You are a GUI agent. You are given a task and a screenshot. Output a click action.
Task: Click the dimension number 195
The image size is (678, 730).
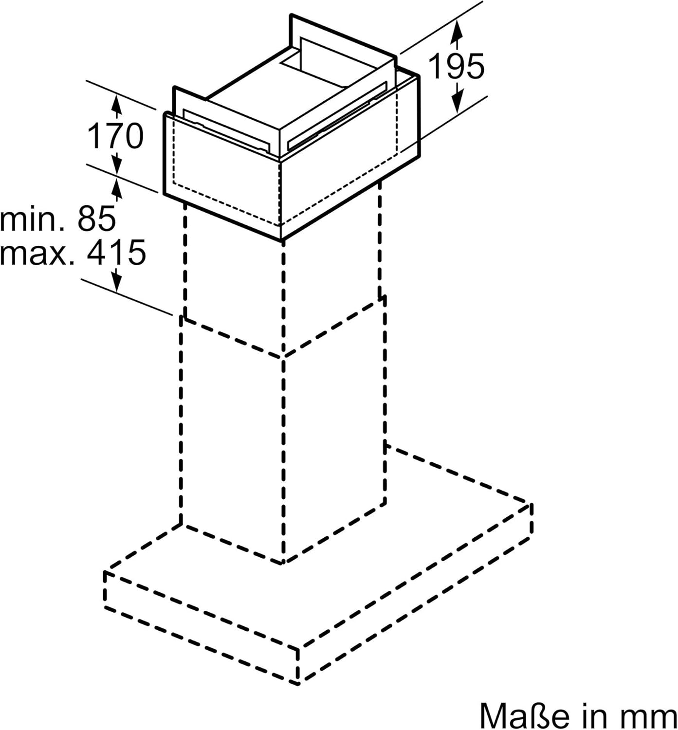[456, 66]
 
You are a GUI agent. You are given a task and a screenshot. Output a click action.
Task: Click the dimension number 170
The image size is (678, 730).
[115, 136]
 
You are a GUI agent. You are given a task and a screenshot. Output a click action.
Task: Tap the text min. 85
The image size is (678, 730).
[58, 219]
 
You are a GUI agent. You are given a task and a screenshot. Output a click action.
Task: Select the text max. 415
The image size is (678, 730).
[73, 253]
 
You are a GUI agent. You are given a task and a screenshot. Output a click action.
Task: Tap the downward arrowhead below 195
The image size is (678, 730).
[456, 101]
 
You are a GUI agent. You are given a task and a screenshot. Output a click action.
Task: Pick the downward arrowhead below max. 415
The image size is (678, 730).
[116, 281]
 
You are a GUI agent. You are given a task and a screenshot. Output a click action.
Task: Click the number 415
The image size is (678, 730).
[116, 253]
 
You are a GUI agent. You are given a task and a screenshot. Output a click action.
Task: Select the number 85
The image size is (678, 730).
[97, 219]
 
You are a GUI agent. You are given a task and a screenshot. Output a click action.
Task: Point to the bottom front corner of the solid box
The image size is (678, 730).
[282, 240]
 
